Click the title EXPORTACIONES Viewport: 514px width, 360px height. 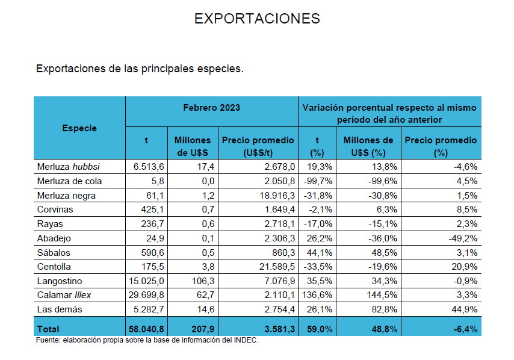click(257, 19)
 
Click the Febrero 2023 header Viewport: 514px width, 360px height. click(211, 108)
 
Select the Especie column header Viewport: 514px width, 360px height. click(79, 128)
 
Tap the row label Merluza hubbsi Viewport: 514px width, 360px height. click(68, 167)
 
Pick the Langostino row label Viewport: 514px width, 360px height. click(59, 281)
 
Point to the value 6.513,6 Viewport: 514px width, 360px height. click(146, 167)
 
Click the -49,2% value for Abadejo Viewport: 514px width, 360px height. click(463, 238)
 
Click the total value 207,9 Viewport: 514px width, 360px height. click(199, 329)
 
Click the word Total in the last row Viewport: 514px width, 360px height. click(48, 329)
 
